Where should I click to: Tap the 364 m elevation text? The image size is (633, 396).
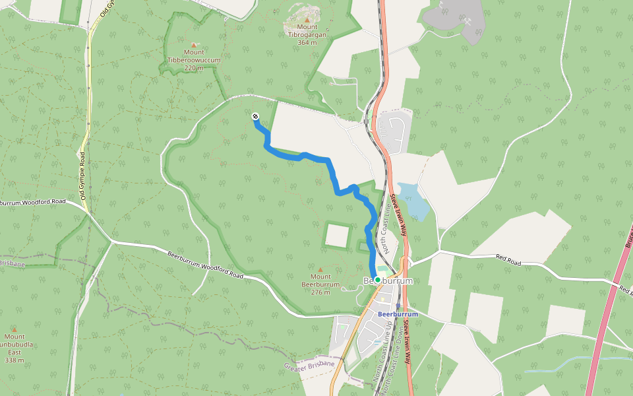click(x=307, y=42)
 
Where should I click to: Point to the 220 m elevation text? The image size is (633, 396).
click(x=194, y=68)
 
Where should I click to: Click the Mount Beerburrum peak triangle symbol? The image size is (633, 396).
click(x=320, y=269)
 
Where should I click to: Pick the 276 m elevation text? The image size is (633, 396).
click(x=320, y=292)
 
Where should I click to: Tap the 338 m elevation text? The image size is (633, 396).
click(x=14, y=360)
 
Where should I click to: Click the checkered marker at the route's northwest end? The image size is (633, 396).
click(x=255, y=117)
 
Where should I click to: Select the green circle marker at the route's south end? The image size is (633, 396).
click(x=377, y=280)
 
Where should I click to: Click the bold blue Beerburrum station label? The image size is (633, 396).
click(x=398, y=314)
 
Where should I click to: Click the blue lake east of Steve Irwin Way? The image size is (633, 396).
click(x=414, y=201)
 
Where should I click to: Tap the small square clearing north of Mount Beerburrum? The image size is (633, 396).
click(x=336, y=235)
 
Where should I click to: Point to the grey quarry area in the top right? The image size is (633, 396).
click(x=462, y=20)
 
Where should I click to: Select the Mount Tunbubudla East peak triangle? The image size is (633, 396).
click(x=14, y=328)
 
